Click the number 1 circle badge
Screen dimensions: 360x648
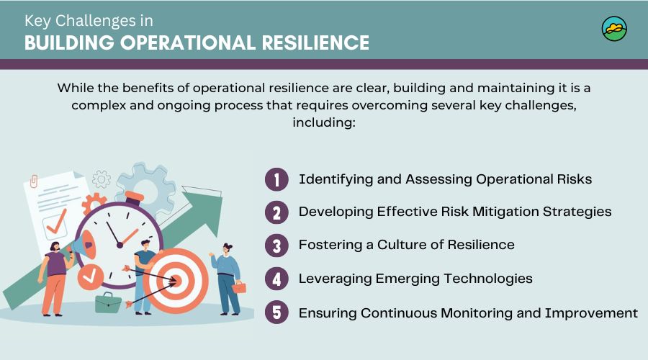tap(276, 179)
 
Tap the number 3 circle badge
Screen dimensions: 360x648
tap(276, 245)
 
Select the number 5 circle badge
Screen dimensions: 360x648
tap(276, 313)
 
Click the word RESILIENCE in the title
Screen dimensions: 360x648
tap(308, 42)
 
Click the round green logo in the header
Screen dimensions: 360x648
tap(614, 30)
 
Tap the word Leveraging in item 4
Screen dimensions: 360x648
tap(333, 278)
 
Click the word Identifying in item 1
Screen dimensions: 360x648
tap(333, 179)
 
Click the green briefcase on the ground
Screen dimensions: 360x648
tap(108, 302)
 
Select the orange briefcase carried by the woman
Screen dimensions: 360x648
tap(238, 287)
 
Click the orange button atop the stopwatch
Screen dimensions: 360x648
tap(133, 195)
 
